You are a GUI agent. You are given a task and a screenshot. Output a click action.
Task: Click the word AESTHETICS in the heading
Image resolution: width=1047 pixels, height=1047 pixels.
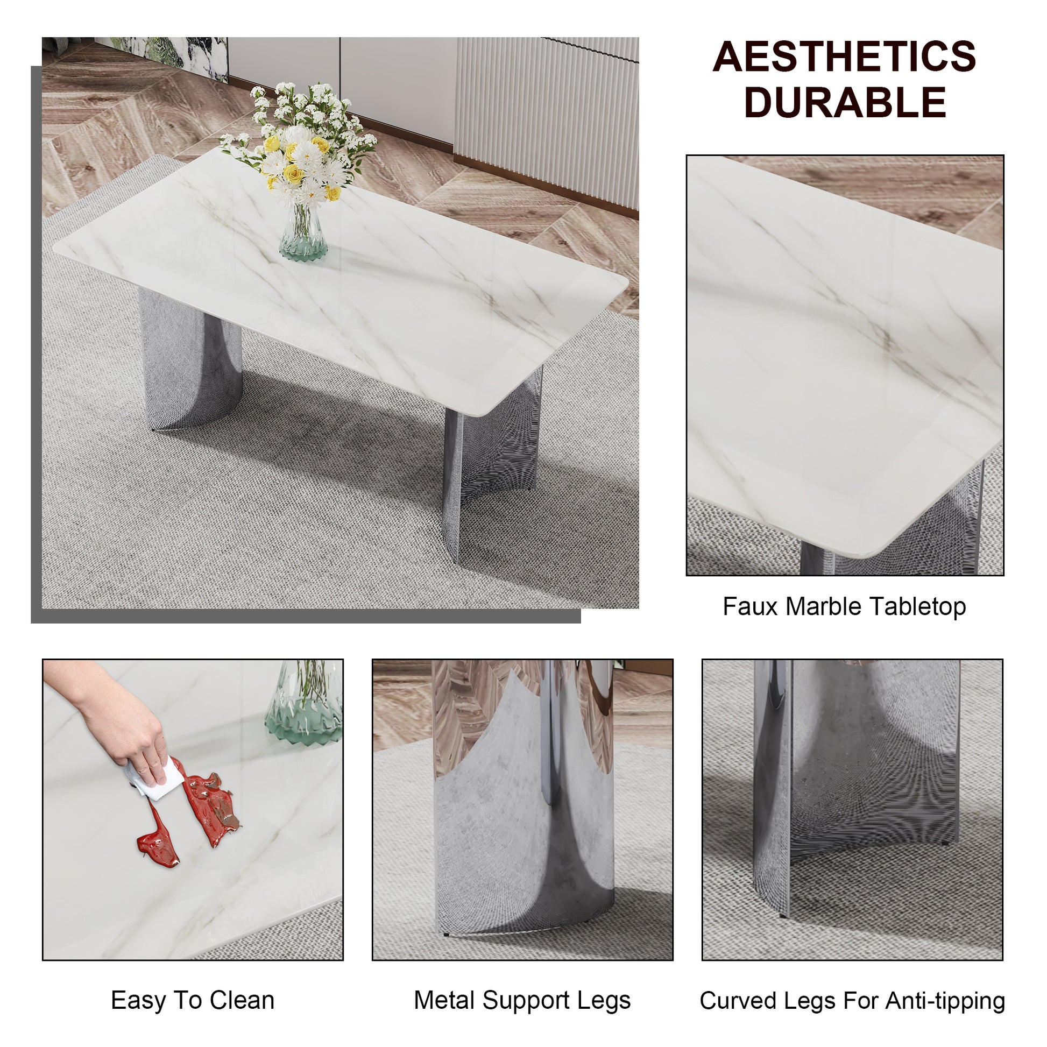844,57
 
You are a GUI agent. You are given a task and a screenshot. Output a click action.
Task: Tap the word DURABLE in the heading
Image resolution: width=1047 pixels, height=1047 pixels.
845,103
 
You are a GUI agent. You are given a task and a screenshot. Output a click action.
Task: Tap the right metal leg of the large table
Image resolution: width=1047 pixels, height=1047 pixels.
491,461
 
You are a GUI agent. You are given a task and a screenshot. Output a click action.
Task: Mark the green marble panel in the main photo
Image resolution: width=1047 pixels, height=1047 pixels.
173,54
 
